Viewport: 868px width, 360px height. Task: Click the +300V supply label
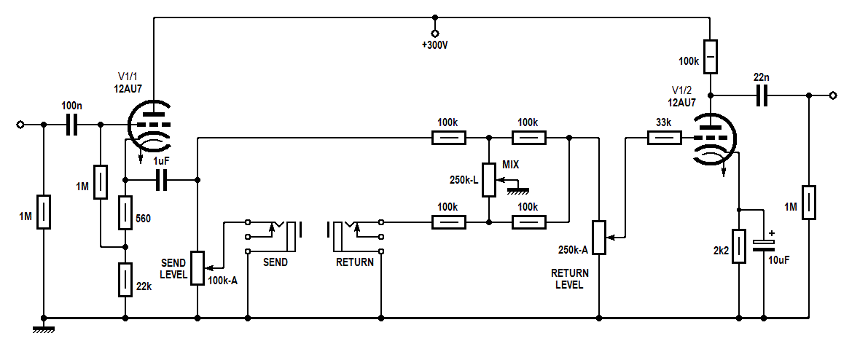point(435,45)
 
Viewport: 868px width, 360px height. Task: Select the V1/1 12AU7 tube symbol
point(152,126)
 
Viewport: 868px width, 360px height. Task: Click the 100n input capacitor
point(71,125)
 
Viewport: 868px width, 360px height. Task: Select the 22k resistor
point(125,281)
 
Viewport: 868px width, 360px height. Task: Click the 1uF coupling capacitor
point(161,179)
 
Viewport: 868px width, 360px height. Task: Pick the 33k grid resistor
point(663,136)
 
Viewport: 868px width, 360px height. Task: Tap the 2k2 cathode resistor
point(740,246)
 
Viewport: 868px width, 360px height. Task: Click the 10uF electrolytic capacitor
point(763,245)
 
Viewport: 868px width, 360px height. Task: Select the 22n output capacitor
point(762,95)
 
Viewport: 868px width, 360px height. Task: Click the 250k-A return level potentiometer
point(598,237)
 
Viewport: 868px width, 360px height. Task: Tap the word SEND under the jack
point(275,262)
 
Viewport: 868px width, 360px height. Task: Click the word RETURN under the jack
point(355,262)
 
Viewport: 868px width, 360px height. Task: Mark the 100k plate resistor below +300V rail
point(711,56)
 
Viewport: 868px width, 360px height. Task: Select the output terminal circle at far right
point(834,95)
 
